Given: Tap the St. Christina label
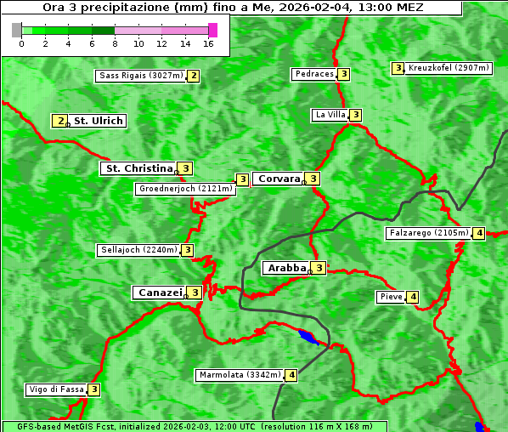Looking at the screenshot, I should click(x=138, y=168).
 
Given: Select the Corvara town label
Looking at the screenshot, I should click(x=279, y=179).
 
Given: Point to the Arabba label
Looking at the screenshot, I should click(x=286, y=268).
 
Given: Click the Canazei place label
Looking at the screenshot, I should click(x=159, y=293).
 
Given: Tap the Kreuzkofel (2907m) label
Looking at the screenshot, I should click(x=449, y=68).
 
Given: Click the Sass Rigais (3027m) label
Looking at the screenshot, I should click(x=140, y=76).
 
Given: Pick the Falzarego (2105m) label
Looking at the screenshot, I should click(x=428, y=233).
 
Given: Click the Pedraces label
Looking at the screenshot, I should click(x=314, y=74).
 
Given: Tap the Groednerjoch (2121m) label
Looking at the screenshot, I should click(x=185, y=189).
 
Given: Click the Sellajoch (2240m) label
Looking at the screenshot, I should click(x=138, y=250).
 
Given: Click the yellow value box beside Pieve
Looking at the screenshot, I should click(x=413, y=297).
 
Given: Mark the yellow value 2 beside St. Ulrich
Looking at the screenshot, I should click(x=59, y=121).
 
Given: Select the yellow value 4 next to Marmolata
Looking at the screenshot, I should click(x=291, y=375).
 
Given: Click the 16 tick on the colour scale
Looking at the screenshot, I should click(x=209, y=43).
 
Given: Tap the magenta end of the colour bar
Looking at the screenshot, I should click(x=212, y=30).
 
